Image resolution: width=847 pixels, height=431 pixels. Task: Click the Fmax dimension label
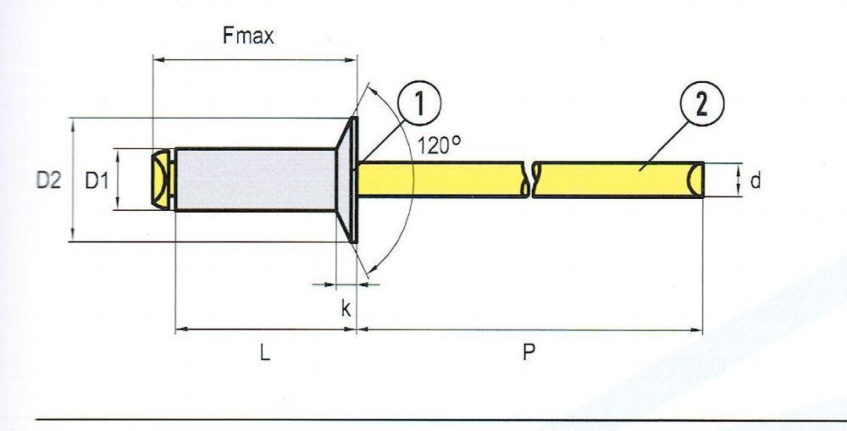coord(248,36)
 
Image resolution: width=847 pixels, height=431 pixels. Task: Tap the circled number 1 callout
coord(419,103)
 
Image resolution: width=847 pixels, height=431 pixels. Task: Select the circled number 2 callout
coord(701,103)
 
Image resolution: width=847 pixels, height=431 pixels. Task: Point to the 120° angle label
coord(439,146)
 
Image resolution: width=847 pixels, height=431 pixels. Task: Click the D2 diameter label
coord(48,180)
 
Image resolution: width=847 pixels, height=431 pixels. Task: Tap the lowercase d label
coord(756,181)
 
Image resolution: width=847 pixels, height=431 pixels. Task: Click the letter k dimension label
coord(346,308)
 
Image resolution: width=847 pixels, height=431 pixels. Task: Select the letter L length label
coord(264,353)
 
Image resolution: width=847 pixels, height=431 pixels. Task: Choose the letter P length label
coord(529,353)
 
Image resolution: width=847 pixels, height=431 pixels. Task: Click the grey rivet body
coord(255,180)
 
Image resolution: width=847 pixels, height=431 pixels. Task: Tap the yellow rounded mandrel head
coord(161,179)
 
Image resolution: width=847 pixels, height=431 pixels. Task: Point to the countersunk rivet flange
coord(346,180)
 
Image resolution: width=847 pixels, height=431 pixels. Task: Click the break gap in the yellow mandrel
coord(529,180)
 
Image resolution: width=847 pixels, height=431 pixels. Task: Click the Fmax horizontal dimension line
coord(255,60)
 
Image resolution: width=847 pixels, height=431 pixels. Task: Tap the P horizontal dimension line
coord(530,329)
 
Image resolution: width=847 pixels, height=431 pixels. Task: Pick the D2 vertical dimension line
coord(73,180)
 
